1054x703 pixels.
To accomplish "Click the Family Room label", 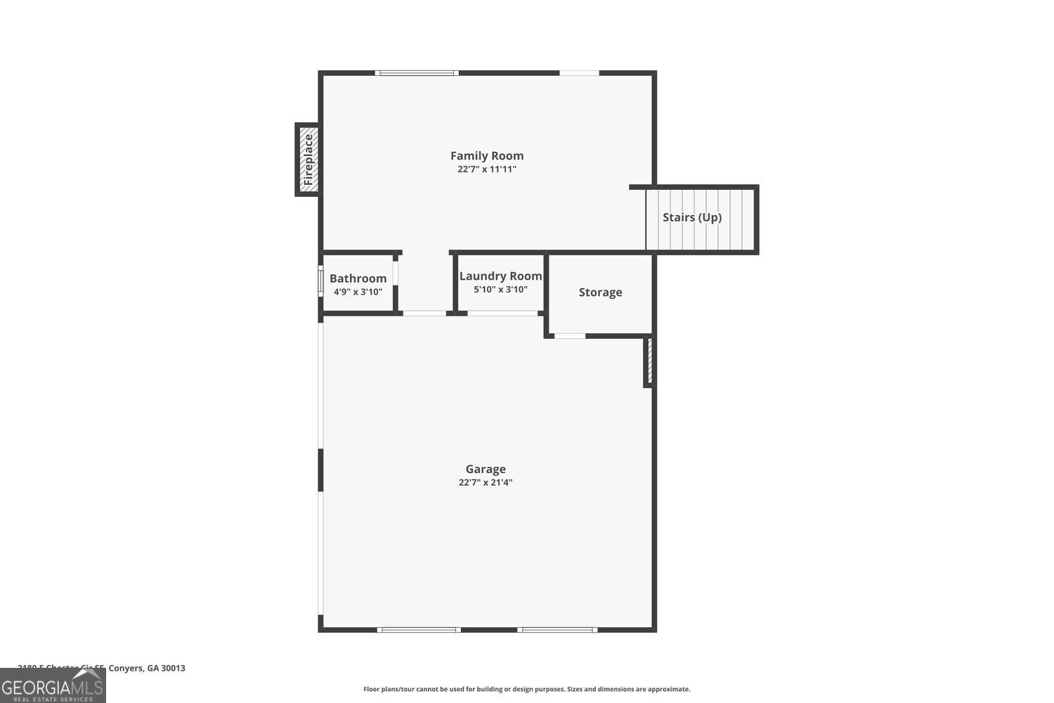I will (486, 156).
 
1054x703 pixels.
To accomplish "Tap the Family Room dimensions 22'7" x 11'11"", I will (486, 169).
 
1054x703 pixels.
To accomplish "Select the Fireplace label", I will (308, 160).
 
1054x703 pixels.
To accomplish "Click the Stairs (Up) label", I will (691, 217).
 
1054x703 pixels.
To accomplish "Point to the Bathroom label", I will (358, 278).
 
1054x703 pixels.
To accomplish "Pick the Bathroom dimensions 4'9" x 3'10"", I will (358, 292).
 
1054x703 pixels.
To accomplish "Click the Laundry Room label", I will (500, 276).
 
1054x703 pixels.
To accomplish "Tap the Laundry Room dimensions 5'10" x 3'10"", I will (500, 290).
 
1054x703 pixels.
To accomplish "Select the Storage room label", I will (600, 292).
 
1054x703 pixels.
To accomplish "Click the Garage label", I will (486, 470).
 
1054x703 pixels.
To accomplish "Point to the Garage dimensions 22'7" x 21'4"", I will (486, 483).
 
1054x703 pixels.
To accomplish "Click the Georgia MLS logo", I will (53, 685).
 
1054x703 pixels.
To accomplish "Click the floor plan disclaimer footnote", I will (526, 690).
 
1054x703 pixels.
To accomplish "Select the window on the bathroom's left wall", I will (320, 282).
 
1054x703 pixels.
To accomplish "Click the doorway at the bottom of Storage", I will (570, 336).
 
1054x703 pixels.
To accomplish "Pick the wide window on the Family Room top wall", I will (417, 73).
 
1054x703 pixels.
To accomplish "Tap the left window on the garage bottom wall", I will (419, 630).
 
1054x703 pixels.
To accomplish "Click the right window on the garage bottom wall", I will (558, 630).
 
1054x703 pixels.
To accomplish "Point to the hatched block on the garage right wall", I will (649, 361).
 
